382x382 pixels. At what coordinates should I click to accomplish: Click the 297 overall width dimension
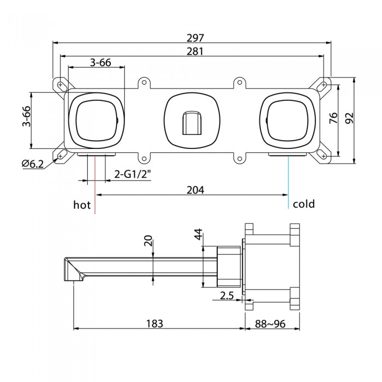point(195,38)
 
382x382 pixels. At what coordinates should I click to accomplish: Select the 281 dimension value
point(195,51)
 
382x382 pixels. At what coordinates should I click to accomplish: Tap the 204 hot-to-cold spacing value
point(195,190)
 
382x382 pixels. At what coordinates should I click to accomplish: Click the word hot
point(82,205)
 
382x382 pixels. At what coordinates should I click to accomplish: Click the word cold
point(304,204)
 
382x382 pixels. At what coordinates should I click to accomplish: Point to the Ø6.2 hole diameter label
point(33,164)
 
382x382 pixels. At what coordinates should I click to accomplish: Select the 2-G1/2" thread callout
point(133,174)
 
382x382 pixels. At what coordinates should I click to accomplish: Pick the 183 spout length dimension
point(154,324)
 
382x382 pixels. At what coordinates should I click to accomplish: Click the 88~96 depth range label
point(270,324)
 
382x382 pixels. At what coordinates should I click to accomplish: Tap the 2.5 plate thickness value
point(227,296)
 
